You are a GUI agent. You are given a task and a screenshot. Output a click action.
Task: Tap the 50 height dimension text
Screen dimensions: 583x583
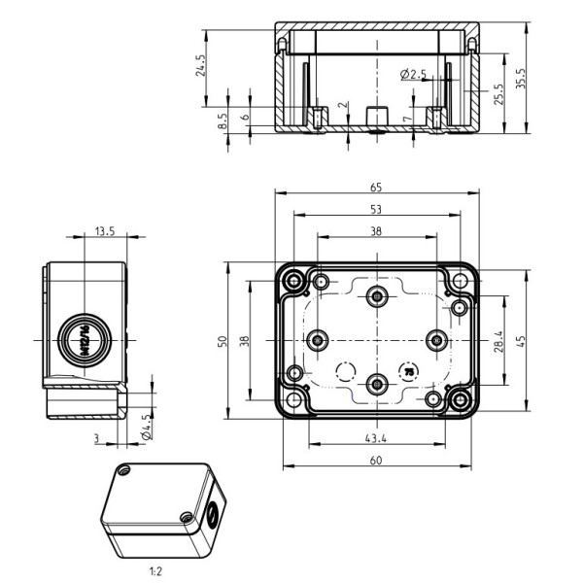click(x=222, y=340)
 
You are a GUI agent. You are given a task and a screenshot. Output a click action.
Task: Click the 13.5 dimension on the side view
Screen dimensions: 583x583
click(x=104, y=231)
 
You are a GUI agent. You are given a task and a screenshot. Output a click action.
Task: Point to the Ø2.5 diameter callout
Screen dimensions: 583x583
click(x=414, y=75)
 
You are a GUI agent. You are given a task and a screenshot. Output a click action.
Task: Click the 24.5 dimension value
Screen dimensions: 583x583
click(x=201, y=65)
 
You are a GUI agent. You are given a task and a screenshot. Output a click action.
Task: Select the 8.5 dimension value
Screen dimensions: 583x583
click(x=223, y=120)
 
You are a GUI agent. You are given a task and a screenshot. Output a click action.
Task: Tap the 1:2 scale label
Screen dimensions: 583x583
click(x=155, y=572)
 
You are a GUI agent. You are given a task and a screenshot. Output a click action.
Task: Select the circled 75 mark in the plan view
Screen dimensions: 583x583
click(x=408, y=370)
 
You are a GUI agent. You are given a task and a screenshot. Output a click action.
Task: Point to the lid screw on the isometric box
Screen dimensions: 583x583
click(x=122, y=470)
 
